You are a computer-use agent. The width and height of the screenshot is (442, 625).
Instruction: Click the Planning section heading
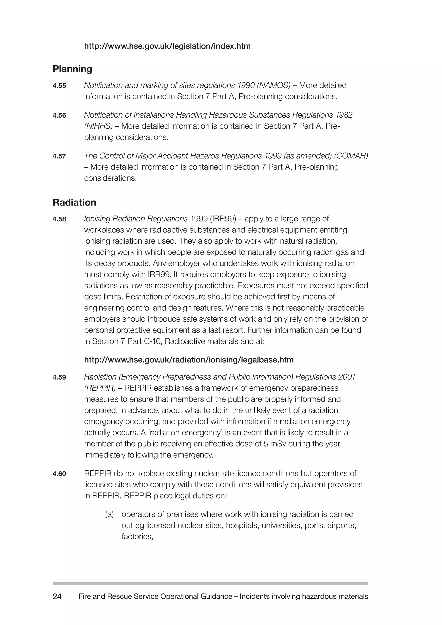point(72,69)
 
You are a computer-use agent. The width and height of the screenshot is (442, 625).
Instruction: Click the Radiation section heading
point(74,202)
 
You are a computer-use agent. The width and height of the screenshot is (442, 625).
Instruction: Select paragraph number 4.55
point(59,86)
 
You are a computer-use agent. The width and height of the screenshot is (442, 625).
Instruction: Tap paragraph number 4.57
point(59,156)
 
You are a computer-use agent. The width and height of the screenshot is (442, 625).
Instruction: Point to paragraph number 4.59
point(59,377)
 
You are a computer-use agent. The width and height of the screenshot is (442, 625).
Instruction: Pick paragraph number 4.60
point(59,474)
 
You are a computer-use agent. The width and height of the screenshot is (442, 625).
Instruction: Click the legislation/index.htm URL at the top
point(167,46)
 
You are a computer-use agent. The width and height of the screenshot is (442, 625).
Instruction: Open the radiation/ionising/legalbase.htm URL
point(189,360)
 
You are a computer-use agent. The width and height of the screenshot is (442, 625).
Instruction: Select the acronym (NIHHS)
point(98,126)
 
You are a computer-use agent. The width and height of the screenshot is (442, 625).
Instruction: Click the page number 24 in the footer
point(57,597)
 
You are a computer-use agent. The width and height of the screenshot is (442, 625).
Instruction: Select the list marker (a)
point(109,514)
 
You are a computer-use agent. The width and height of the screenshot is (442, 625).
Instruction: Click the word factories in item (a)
point(137,537)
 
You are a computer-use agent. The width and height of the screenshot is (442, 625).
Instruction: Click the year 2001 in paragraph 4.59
point(347,377)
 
